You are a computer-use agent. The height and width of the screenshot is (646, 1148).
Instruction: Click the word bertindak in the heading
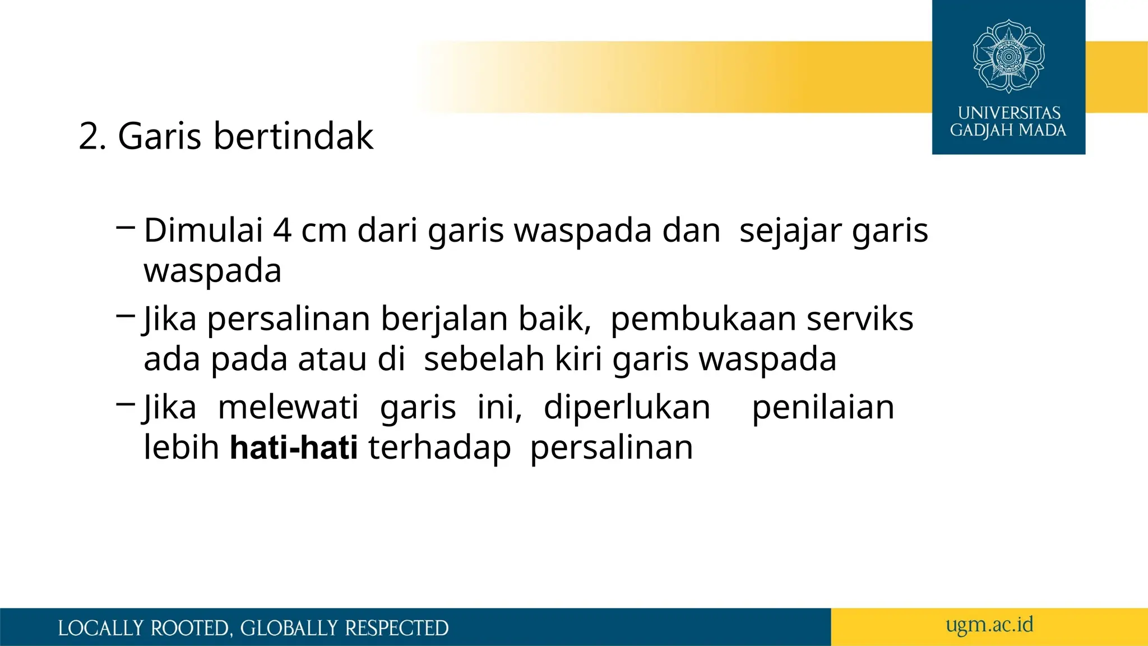(293, 136)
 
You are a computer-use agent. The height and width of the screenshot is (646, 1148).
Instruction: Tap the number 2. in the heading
(92, 136)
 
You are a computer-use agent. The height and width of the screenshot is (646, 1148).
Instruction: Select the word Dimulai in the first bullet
(203, 230)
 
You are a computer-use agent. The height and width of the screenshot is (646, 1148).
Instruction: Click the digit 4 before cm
(282, 230)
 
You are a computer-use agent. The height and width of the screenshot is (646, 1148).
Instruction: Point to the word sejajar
(790, 232)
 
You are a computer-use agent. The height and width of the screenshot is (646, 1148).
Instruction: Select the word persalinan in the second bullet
(289, 320)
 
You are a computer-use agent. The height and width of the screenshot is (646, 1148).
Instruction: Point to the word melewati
(288, 407)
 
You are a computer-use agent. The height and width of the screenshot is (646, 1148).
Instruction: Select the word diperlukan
(627, 408)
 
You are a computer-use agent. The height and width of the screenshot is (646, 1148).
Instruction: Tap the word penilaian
(823, 408)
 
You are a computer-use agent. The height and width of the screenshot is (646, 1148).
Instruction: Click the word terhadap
(439, 449)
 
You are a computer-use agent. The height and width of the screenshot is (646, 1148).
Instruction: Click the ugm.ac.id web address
(989, 625)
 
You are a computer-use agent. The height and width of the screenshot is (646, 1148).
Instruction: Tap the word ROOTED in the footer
(191, 628)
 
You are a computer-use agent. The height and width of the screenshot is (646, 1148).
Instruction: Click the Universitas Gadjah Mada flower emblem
(1008, 56)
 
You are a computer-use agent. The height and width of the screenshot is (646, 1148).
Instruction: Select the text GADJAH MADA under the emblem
(1008, 131)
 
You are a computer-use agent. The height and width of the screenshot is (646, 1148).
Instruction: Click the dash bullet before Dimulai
(126, 227)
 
